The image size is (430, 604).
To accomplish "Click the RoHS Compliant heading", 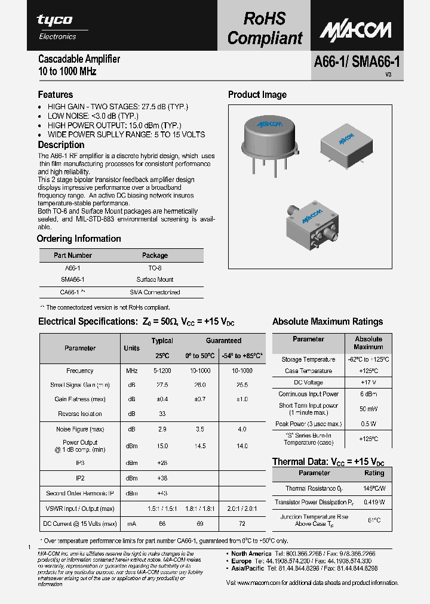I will (265, 28).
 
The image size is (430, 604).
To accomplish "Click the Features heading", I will (56, 95).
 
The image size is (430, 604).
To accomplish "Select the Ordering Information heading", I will (79, 239).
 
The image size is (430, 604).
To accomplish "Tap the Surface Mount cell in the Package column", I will (155, 279).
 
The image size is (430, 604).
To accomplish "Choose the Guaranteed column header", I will (223, 341).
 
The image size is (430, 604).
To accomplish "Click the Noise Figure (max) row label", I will (80, 430).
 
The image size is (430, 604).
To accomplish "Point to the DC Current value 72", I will (242, 523).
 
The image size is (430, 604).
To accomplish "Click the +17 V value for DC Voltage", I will (368, 382).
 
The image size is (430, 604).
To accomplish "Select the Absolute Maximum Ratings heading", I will (327, 322).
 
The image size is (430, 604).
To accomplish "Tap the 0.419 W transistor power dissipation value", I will (374, 503).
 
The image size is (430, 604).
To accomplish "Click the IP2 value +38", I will (162, 478).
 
